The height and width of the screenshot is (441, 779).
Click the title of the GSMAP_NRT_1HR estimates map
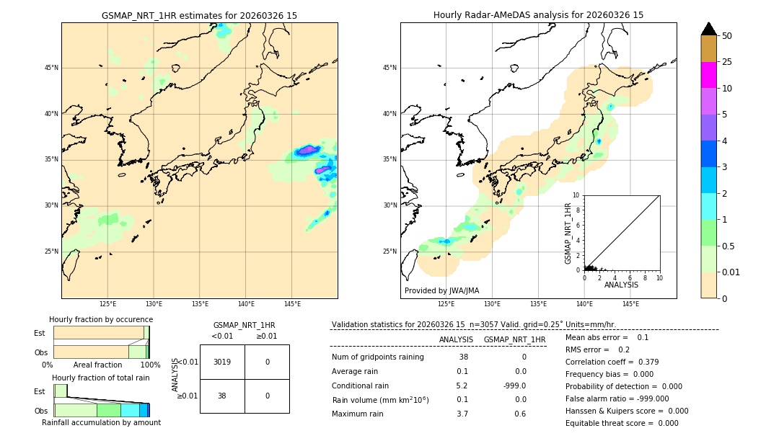tap(199, 15)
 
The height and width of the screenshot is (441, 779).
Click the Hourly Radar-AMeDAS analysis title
tap(538, 15)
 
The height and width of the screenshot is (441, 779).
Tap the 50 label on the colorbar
tap(727, 36)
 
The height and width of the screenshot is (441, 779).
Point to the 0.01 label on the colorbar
tap(731, 272)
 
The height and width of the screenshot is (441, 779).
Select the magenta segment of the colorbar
tap(708, 75)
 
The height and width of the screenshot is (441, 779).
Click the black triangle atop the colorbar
tap(708, 29)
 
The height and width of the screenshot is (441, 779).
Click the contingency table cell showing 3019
tap(222, 362)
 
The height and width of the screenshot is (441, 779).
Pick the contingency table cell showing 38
tap(222, 396)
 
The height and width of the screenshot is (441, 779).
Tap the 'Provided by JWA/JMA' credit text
tap(441, 291)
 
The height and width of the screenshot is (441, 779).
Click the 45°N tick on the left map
tap(51, 68)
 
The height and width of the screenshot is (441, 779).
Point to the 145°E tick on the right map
tap(630, 304)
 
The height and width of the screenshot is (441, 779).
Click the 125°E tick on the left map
tap(107, 304)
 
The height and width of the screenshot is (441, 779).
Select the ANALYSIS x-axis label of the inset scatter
tap(621, 285)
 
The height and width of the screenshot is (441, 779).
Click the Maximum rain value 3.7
tap(462, 414)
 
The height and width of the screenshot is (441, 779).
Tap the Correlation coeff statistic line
tap(612, 362)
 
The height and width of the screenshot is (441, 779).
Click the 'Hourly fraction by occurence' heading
tap(101, 319)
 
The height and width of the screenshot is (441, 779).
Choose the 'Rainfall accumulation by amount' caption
tap(101, 422)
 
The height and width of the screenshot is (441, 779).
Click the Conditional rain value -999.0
tap(515, 386)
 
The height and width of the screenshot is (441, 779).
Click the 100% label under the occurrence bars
tap(150, 365)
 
